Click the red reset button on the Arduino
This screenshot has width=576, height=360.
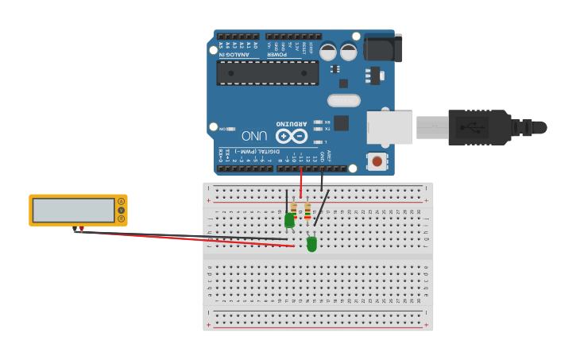click(377, 161)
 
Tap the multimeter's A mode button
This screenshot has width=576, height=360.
click(122, 201)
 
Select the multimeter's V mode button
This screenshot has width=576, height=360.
click(122, 210)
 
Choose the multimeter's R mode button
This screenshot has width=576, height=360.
click(122, 219)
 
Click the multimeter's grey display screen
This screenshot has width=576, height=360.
click(74, 210)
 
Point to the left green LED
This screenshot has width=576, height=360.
click(289, 219)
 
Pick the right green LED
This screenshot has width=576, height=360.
click(311, 243)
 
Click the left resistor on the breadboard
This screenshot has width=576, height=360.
click(294, 210)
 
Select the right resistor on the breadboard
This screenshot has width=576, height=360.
click(307, 211)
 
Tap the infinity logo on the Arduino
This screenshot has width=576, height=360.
click(292, 136)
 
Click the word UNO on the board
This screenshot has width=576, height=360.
click(254, 136)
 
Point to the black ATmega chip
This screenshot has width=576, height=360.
click(268, 72)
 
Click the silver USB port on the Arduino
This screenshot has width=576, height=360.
click(389, 127)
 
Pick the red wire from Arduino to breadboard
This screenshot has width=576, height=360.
click(301, 184)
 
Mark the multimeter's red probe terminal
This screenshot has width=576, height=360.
click(81, 229)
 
